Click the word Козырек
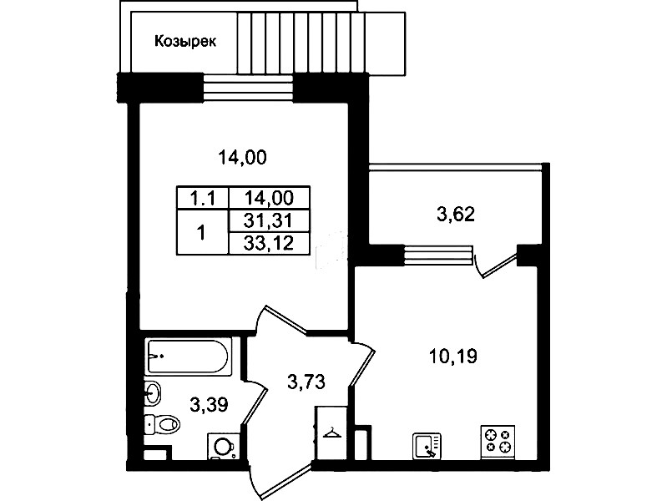185,42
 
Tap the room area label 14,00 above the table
242,158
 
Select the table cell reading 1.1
203,198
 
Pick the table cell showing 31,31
269,220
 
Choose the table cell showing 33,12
269,244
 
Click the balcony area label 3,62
456,214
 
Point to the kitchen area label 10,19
453,356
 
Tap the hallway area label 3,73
306,382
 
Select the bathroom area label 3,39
209,404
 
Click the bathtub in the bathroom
189,357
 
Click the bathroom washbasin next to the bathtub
153,392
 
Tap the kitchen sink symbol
427,446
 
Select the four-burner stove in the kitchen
498,443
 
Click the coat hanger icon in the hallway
332,433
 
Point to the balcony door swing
496,266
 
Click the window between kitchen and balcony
437,255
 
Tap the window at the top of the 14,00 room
248,89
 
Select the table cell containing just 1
202,233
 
